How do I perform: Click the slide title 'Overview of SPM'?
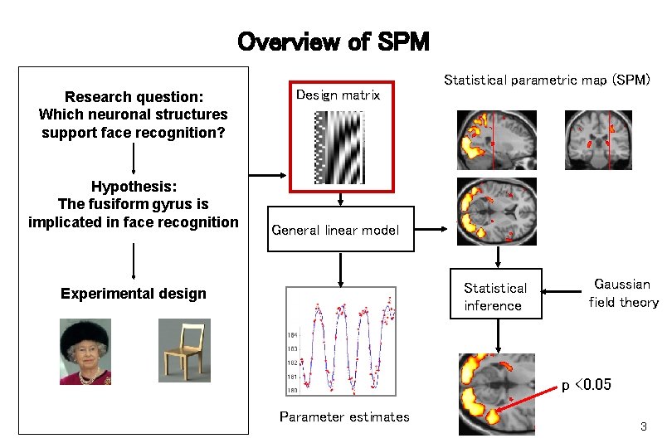[x=334, y=41]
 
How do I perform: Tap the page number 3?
[x=643, y=426]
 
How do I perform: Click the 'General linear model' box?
[x=340, y=230]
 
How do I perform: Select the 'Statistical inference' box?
[x=495, y=296]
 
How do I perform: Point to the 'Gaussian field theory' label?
[x=623, y=293]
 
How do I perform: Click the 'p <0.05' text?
[x=587, y=385]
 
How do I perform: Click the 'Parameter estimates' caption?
[x=344, y=416]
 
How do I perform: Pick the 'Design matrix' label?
[x=338, y=95]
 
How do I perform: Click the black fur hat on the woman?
[x=84, y=329]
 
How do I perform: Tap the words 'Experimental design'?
[x=134, y=293]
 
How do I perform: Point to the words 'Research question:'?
[x=134, y=97]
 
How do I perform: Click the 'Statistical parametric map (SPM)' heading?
[x=548, y=80]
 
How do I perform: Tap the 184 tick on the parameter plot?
[x=292, y=334]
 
